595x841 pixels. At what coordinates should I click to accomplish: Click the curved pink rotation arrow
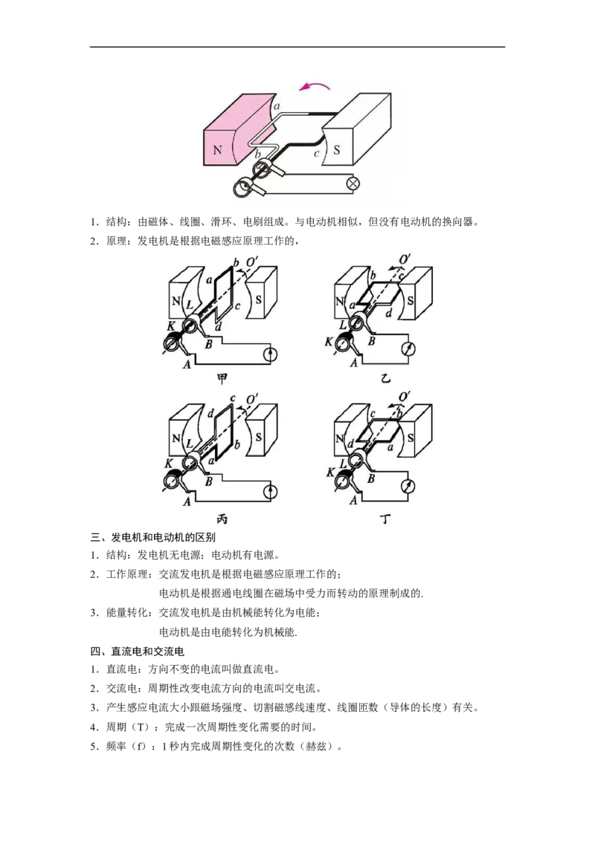coord(315,88)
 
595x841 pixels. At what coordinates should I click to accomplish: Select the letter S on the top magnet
coord(336,149)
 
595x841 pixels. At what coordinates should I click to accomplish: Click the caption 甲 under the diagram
coord(222,379)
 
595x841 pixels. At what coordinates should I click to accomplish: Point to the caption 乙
coord(385,379)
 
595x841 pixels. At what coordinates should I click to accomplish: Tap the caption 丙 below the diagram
coord(222,519)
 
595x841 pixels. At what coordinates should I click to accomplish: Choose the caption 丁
coord(385,519)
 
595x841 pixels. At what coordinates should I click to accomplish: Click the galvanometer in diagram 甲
coord(271,354)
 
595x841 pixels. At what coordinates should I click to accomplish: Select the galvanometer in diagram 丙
coord(271,491)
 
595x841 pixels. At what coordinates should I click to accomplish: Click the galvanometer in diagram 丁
coord(408,487)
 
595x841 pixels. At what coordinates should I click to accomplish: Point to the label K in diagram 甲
coord(171,325)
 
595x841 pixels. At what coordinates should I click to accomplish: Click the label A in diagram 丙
coord(187,502)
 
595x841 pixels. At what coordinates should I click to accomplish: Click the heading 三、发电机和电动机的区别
coord(153,537)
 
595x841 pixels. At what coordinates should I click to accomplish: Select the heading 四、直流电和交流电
coord(137,652)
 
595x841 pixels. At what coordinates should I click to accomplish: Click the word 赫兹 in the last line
coord(316,746)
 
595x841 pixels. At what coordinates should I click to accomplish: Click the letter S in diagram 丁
coord(411,438)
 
